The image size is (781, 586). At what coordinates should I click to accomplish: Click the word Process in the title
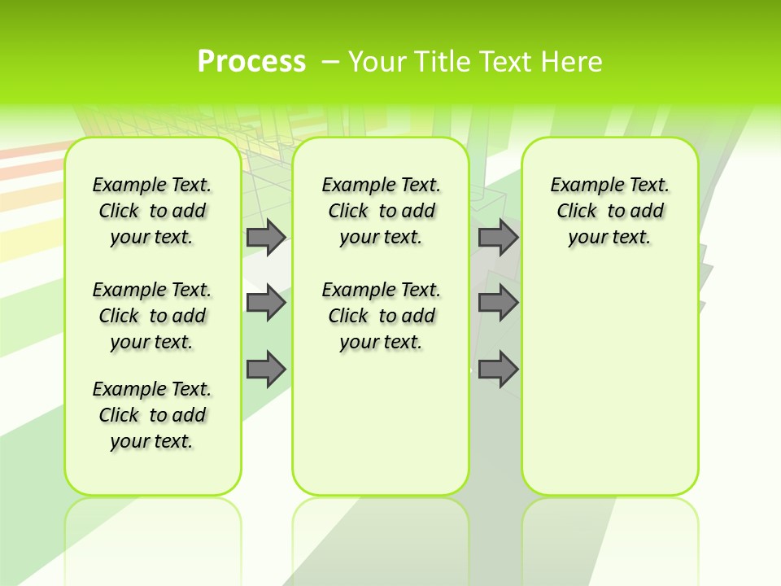[x=251, y=62]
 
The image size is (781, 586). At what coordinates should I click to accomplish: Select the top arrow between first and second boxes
[x=265, y=237]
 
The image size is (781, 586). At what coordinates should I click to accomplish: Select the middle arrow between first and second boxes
[x=265, y=303]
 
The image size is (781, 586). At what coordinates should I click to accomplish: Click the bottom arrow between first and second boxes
[x=265, y=369]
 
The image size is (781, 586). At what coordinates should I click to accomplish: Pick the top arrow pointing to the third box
[x=498, y=237]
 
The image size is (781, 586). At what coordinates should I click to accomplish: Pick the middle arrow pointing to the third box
[x=498, y=303]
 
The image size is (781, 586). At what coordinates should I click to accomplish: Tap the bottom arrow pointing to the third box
[x=498, y=369]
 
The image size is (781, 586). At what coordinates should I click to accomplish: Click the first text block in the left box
[x=152, y=211]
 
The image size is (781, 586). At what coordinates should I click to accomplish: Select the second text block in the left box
[x=152, y=316]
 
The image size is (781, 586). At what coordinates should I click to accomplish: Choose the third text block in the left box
[x=152, y=415]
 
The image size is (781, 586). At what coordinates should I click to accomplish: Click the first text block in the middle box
[x=381, y=211]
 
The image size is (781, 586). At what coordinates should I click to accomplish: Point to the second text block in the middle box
[x=381, y=316]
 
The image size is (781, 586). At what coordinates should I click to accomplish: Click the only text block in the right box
[x=609, y=211]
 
